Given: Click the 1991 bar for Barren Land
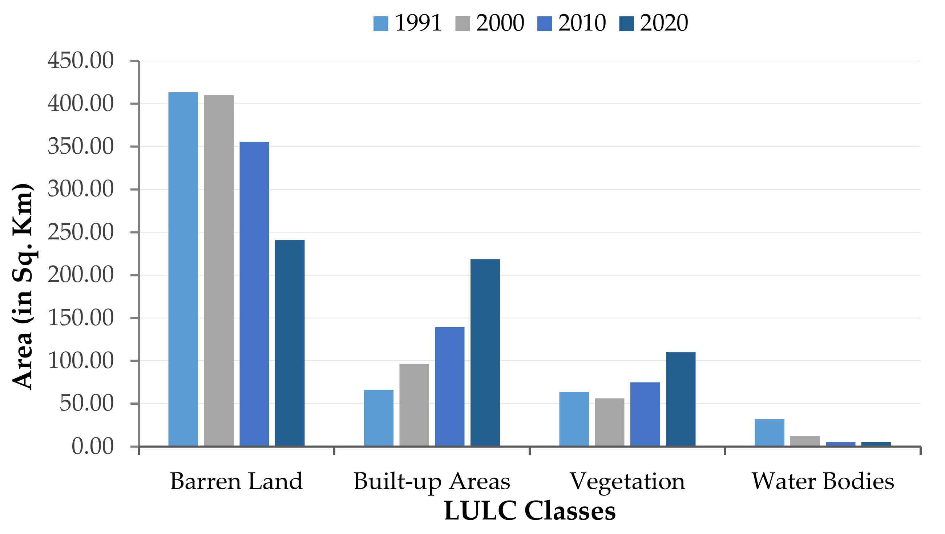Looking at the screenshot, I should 183,270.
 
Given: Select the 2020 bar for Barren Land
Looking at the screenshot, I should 290,343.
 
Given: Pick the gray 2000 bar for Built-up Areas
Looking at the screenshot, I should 414,405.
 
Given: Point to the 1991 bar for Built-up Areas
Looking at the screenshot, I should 379,418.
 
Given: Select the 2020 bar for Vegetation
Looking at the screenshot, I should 681,399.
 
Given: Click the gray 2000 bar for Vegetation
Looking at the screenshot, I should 609,422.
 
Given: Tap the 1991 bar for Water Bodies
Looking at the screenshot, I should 769,433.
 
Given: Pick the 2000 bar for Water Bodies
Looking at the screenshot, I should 805,441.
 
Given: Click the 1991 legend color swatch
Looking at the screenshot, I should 380,24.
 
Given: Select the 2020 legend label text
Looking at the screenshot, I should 664,23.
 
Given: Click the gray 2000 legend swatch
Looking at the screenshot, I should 463,24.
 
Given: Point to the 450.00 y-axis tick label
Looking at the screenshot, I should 81,61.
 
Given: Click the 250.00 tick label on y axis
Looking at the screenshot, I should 81,232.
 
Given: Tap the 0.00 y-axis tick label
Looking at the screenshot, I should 92,447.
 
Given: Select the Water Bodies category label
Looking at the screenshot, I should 823,481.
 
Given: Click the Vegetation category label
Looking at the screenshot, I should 627,481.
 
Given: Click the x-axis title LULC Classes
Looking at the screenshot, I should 529,511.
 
